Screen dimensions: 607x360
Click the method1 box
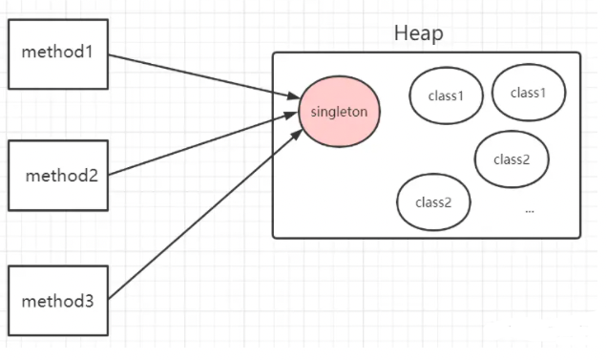coord(58,54)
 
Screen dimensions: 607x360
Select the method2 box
coord(58,176)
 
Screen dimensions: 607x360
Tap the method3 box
coord(58,301)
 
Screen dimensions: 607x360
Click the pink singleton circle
coord(340,112)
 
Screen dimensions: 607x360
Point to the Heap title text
coord(419,33)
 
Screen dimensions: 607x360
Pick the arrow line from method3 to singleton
coord(205,214)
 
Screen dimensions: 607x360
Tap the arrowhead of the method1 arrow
coord(294,95)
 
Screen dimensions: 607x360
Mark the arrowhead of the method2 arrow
coord(291,116)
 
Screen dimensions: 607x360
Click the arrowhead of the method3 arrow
coord(298,135)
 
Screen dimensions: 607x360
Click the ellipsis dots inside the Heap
coord(530,212)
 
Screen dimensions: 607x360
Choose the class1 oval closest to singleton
coord(447,95)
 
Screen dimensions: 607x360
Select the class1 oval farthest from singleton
coord(529,93)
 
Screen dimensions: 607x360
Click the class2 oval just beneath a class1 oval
coord(512,159)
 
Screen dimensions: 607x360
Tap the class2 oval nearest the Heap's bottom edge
coord(433,201)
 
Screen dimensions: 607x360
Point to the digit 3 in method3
coord(89,302)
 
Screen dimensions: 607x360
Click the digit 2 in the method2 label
coord(93,176)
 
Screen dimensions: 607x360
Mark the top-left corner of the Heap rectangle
coord(273,53)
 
